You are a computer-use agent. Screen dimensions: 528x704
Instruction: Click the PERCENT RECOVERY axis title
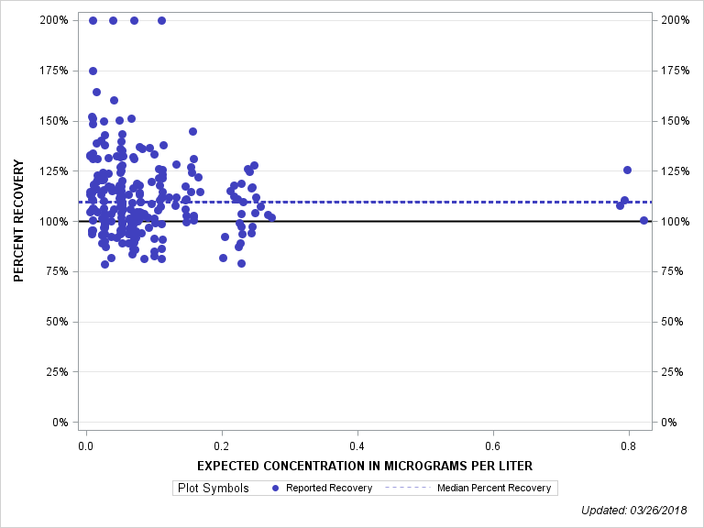[18, 221]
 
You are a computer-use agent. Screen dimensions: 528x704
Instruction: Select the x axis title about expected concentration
[365, 466]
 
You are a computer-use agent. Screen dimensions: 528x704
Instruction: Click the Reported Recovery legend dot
[277, 488]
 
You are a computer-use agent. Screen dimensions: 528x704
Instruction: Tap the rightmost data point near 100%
[643, 220]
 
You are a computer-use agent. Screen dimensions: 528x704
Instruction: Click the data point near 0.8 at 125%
[628, 170]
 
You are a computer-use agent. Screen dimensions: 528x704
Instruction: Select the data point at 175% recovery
[93, 71]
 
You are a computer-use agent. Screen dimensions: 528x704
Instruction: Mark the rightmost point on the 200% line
[161, 20]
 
